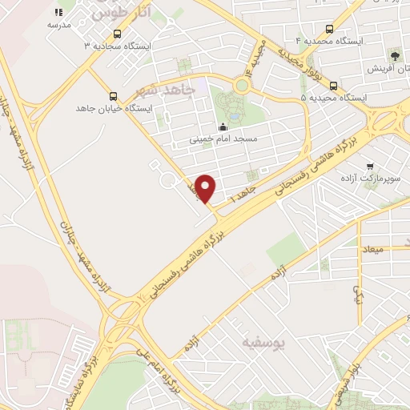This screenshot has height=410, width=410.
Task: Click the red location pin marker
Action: pyautogui.click(x=206, y=188)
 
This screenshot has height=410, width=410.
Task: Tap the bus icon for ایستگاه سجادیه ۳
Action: pyautogui.click(x=118, y=34)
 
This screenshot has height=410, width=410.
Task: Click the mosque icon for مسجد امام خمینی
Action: pyautogui.click(x=223, y=126)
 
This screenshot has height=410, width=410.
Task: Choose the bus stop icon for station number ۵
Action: pyautogui.click(x=332, y=85)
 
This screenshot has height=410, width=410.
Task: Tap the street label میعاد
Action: pyautogui.click(x=372, y=249)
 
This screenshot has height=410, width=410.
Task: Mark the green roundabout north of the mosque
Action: pyautogui.click(x=241, y=85)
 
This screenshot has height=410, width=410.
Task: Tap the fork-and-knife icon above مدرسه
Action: pyautogui.click(x=58, y=13)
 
